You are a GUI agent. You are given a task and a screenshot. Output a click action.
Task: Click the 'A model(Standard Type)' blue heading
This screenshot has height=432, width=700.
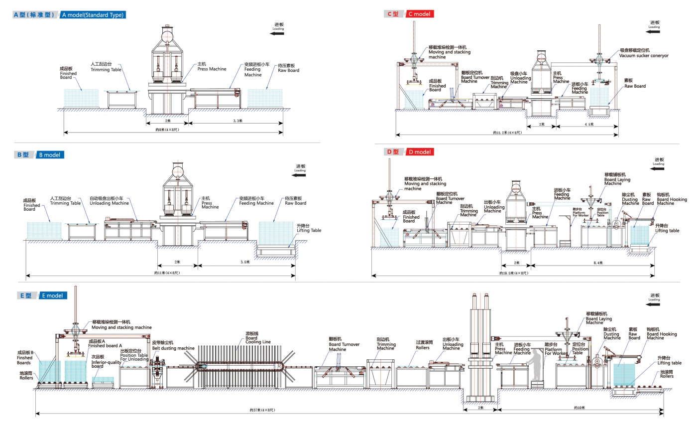(93, 15)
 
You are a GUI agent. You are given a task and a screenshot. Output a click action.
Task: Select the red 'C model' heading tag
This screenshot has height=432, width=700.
(419, 14)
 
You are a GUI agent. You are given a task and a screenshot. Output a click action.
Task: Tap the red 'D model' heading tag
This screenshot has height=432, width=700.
(419, 152)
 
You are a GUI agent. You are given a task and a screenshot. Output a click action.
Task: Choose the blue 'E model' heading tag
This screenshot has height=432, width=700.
(52, 295)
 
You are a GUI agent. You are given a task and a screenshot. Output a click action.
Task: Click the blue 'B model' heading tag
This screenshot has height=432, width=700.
(50, 155)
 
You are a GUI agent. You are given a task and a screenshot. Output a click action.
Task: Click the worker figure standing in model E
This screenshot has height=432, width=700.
(536, 366)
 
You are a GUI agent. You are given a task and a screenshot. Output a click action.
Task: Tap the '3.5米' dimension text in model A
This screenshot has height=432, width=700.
(237, 121)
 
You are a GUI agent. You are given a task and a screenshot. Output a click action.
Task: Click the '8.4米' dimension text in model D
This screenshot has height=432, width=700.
(598, 263)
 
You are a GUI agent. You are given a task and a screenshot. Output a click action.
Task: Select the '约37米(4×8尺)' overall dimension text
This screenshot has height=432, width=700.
(262, 410)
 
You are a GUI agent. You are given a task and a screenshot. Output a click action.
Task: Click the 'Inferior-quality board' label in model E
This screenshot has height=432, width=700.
(106, 362)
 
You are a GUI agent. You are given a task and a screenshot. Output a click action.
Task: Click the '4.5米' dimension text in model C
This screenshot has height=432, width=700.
(589, 125)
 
